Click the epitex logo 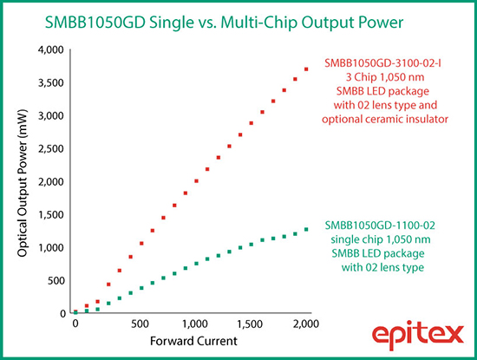418,335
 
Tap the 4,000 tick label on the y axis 51,50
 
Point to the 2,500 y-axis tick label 52,149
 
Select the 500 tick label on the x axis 140,324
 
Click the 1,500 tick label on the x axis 250,324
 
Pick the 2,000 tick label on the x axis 306,324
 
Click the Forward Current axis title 193,341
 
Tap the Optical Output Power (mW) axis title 23,183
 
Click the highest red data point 306,69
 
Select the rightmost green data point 306,230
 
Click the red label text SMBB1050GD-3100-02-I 382,63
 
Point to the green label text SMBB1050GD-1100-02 380,226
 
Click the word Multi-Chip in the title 259,23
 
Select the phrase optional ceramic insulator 385,119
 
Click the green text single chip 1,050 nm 381,239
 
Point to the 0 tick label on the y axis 63,314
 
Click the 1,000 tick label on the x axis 194,324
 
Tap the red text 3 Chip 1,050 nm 385,77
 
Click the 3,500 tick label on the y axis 51,83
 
